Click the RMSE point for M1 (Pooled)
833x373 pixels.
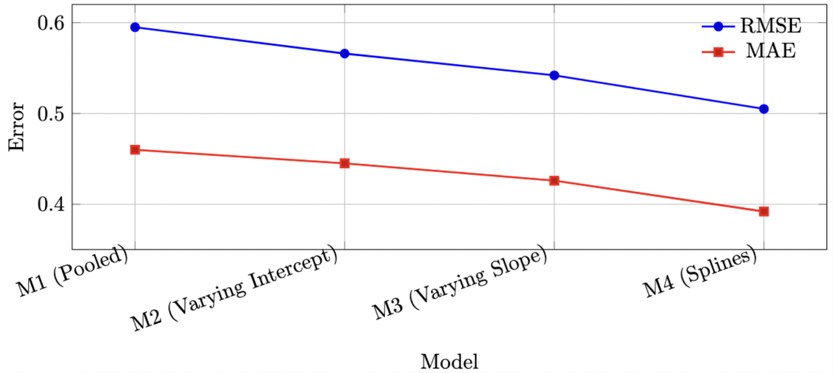135,27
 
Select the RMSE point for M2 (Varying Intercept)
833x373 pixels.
345,54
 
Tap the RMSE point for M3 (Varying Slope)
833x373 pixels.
554,76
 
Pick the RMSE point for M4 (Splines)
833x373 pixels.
764,109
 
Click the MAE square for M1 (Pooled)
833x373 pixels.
135,150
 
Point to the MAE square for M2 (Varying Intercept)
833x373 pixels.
345,164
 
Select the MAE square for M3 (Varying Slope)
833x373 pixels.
554,181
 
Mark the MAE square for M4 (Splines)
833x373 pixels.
764,212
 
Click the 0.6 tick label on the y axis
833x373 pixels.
51,23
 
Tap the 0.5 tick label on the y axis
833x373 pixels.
51,114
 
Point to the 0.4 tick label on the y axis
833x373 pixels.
51,204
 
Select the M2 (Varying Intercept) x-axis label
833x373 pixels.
234,289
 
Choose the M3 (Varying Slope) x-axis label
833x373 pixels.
460,283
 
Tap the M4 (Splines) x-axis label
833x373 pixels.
700,272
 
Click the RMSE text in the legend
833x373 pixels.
771,26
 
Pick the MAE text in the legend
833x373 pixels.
771,51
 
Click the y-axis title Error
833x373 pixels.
17,127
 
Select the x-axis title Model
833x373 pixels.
449,362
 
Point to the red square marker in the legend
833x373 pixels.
718,52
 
